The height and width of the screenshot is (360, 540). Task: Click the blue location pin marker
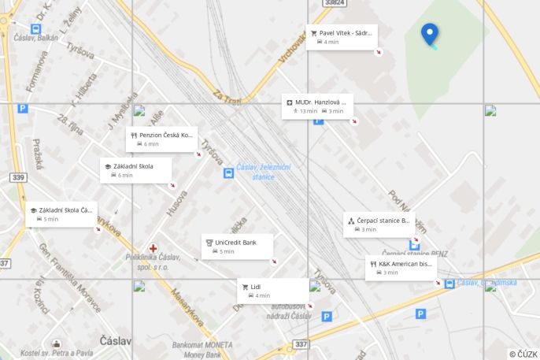pyautogui.click(x=430, y=34)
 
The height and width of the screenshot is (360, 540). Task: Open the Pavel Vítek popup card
pyautogui.click(x=342, y=36)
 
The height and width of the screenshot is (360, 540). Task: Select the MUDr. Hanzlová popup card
pyautogui.click(x=318, y=106)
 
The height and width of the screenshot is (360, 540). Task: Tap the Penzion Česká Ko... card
pyautogui.click(x=161, y=139)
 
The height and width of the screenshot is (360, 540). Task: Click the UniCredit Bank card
pyautogui.click(x=238, y=246)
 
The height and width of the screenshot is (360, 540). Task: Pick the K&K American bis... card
pyautogui.click(x=401, y=268)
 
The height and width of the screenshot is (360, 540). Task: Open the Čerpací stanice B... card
pyautogui.click(x=379, y=224)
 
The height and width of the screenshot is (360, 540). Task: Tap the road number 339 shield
pyautogui.click(x=18, y=177)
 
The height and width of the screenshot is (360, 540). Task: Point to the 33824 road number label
pyautogui.click(x=335, y=3)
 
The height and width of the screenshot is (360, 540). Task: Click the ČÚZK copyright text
pyautogui.click(x=523, y=354)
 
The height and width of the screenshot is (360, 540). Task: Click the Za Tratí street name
pyautogui.click(x=227, y=97)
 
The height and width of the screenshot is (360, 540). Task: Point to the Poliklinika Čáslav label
pyautogui.click(x=153, y=262)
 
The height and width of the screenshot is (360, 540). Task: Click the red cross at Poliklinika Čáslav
pyautogui.click(x=153, y=248)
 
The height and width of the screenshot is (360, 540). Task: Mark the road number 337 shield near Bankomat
pyautogui.click(x=301, y=344)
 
